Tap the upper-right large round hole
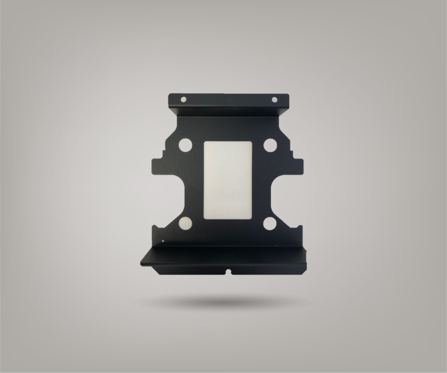pos(270,145)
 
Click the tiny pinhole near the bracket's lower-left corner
pos(163,241)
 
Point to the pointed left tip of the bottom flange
pos(141,264)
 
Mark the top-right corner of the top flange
pos(289,95)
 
